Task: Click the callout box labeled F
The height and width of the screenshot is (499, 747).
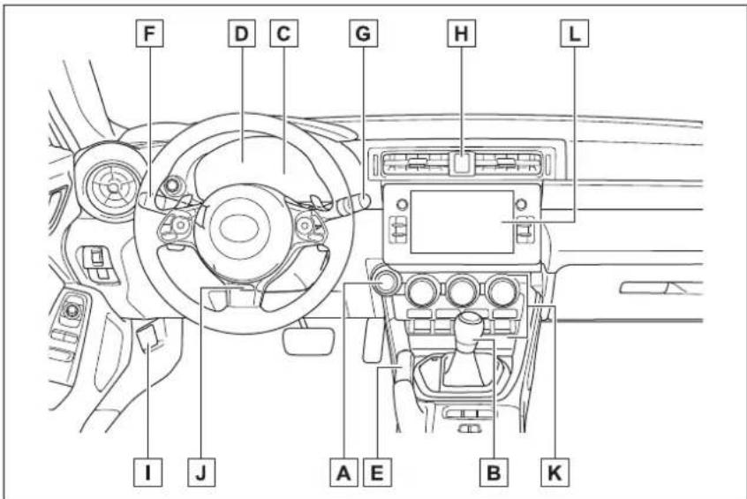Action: click(x=149, y=34)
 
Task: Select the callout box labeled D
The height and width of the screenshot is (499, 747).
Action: click(x=242, y=34)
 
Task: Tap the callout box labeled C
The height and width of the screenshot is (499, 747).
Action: click(x=284, y=34)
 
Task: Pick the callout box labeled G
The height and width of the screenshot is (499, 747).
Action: click(x=364, y=34)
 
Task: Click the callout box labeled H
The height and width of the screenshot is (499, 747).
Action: click(x=461, y=34)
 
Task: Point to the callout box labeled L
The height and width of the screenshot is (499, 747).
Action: click(x=575, y=34)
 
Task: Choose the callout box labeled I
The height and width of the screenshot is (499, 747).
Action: click(x=147, y=473)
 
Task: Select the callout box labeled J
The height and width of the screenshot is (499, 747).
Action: click(x=201, y=473)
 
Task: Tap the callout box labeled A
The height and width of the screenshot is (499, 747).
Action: click(x=344, y=473)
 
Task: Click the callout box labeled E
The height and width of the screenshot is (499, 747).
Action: click(x=377, y=473)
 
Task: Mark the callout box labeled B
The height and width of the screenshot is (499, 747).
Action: click(x=494, y=473)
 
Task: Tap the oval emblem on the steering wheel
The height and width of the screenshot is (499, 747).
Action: click(x=239, y=228)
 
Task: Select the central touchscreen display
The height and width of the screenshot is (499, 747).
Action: click(x=462, y=222)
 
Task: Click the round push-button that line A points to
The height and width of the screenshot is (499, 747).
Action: click(x=384, y=284)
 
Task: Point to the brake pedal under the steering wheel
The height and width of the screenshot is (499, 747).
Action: click(x=309, y=341)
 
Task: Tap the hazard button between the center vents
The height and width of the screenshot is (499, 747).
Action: click(x=461, y=163)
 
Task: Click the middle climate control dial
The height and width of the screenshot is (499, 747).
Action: click(x=462, y=291)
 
